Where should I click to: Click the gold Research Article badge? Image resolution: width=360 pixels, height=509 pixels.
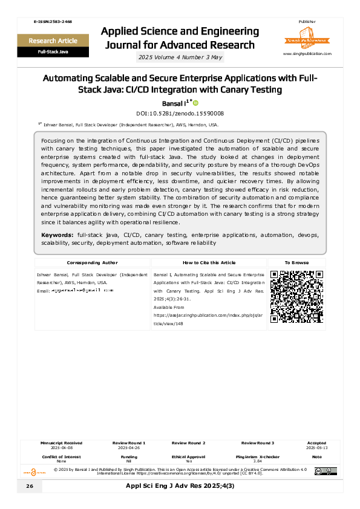pyautogui.click(x=53, y=41)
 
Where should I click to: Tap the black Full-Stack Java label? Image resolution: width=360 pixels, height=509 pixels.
pyautogui.click(x=53, y=53)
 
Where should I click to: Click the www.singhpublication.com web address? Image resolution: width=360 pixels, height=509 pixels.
pyautogui.click(x=307, y=54)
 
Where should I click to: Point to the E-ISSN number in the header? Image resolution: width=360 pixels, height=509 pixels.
pyautogui.click(x=53, y=22)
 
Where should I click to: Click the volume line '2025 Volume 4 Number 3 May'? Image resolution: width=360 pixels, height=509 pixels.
pyautogui.click(x=180, y=57)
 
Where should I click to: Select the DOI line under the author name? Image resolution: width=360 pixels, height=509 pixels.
pyautogui.click(x=180, y=113)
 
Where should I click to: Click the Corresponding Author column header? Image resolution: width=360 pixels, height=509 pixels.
pyautogui.click(x=92, y=263)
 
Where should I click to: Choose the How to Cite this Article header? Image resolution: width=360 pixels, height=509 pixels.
pyautogui.click(x=209, y=263)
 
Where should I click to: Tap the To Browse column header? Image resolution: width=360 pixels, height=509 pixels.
pyautogui.click(x=296, y=263)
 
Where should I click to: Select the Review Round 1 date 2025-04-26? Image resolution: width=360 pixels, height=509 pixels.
pyautogui.click(x=129, y=447)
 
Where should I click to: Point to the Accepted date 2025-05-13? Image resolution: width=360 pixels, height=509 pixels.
pyautogui.click(x=316, y=447)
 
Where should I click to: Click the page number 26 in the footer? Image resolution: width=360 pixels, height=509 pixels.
pyautogui.click(x=30, y=487)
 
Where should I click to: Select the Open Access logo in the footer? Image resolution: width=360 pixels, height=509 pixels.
pyautogui.click(x=34, y=471)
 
